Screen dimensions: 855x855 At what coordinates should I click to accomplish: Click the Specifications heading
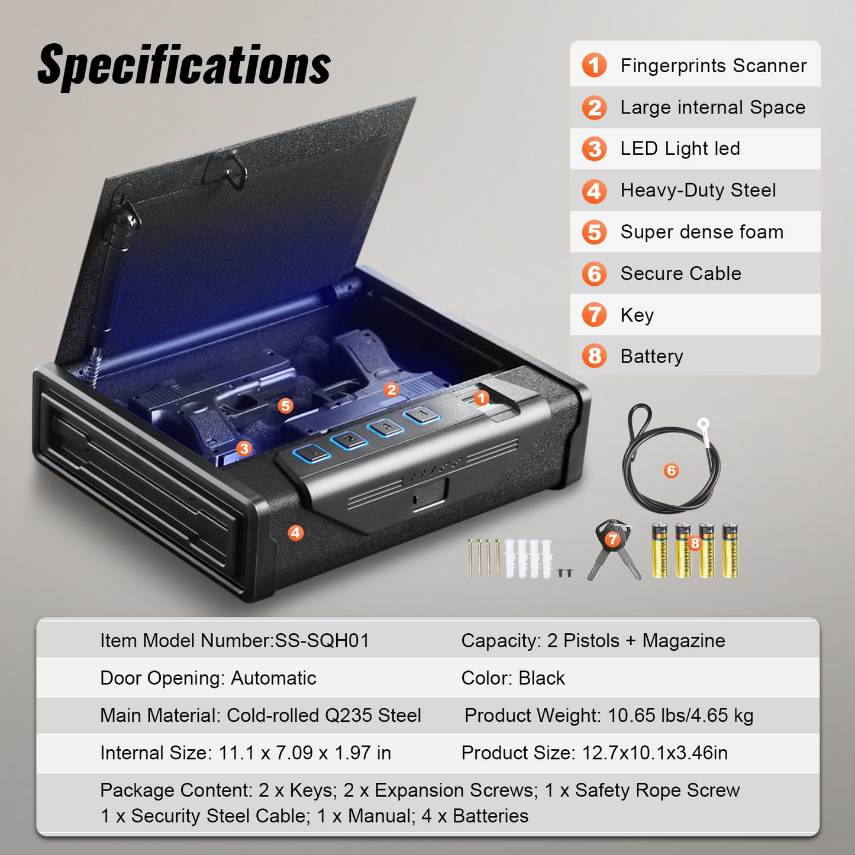184,66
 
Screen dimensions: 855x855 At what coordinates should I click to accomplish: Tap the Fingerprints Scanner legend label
714,66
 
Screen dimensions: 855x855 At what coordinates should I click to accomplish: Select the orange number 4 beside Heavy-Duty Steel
594,191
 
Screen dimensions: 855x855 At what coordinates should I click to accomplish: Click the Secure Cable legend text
680,273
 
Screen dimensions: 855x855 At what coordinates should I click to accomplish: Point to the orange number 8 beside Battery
594,356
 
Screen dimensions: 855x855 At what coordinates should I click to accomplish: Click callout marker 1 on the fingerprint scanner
482,398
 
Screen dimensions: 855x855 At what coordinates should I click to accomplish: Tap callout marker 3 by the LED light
244,449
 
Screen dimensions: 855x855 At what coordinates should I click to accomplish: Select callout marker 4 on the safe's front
295,533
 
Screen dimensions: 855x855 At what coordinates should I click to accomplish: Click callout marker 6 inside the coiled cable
671,470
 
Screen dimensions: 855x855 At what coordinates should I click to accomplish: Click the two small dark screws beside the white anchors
565,572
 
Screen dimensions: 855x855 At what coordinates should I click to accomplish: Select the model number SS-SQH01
322,641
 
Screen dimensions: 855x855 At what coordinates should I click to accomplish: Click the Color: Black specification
513,678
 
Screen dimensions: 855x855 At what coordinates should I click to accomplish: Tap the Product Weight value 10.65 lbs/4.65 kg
680,715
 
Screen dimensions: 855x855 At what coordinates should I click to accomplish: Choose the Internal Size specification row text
246,753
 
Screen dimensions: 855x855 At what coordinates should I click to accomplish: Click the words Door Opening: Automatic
208,678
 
